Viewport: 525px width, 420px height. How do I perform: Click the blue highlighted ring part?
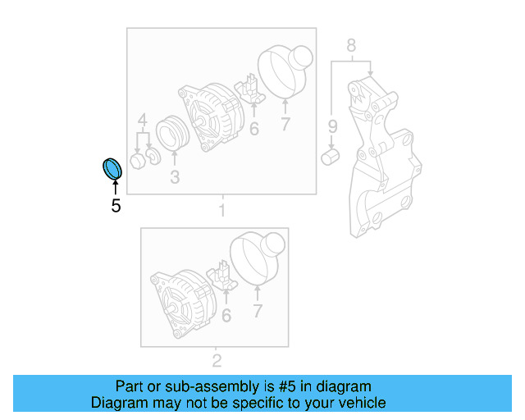coord(111,167)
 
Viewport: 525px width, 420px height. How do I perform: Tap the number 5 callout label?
coord(116,206)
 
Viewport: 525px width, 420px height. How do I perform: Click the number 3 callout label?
coord(174,176)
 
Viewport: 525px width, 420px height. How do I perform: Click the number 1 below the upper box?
coord(221,212)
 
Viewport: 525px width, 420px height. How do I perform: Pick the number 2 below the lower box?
coord(217,360)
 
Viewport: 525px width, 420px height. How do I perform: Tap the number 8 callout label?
coord(351,46)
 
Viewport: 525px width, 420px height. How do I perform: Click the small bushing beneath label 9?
coord(332,156)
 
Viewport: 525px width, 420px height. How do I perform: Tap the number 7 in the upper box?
coord(285,125)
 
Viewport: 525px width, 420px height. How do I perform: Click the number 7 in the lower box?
coord(257,311)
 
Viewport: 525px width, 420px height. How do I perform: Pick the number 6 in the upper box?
coord(253,128)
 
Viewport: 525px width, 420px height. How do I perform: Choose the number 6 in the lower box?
coord(226,314)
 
